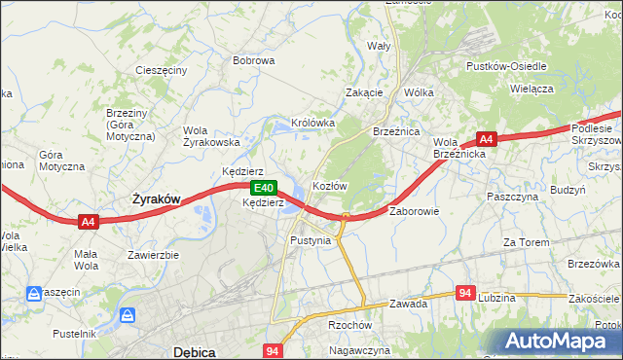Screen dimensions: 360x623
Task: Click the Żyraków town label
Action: coord(156,198)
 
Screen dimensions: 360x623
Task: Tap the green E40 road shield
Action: coord(262,187)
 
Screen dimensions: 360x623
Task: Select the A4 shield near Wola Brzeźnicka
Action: coord(488,140)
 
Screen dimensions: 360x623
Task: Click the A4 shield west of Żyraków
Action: coord(89,222)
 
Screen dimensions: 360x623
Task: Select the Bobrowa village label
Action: coord(253,60)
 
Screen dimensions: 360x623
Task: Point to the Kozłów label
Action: coord(329,185)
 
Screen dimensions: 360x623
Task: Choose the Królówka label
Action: coord(311,124)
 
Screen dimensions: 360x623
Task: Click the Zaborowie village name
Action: coord(415,210)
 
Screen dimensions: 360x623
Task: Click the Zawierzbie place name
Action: coord(153,255)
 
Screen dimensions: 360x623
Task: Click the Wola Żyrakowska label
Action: coord(211,135)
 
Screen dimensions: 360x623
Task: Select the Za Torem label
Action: coord(527,241)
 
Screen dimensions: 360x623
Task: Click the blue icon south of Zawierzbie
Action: coord(128,315)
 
